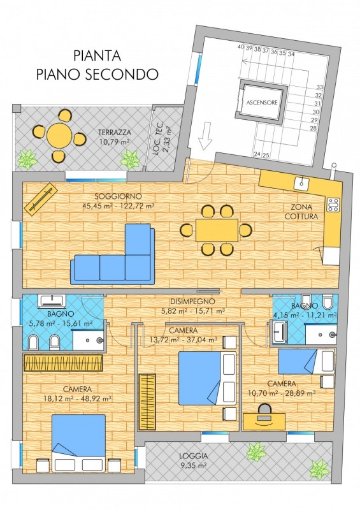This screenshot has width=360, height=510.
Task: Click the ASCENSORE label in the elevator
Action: point(262,103)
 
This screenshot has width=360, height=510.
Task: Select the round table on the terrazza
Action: point(59,135)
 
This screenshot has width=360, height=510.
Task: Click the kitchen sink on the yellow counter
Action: point(301,184)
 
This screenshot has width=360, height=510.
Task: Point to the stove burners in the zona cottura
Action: point(333,205)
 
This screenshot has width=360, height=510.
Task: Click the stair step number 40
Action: point(241,47)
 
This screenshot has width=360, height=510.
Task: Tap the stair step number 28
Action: point(313,128)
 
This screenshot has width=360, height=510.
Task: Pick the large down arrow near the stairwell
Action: point(205,136)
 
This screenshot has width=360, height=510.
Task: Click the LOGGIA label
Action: point(193,456)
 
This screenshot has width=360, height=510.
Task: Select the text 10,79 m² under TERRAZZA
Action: point(114,142)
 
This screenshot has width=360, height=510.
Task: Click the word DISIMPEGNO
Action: point(193,302)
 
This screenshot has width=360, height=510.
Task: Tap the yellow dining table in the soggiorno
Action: point(217,230)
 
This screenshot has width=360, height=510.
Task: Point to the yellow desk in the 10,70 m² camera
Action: point(264,421)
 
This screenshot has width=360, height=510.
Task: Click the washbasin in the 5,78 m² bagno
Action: point(52,301)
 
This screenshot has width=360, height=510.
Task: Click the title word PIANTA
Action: point(97,55)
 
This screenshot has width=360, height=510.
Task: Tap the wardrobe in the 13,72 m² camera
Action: point(147,402)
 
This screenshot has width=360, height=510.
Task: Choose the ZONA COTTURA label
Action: point(301,212)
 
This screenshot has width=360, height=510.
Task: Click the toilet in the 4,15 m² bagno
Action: point(328,302)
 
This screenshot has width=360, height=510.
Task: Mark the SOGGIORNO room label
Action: point(118,196)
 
